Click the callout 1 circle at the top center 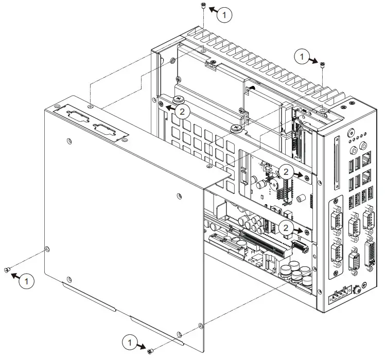[x=224, y=15]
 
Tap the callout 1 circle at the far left [x=28, y=281]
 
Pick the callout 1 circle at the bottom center [x=130, y=342]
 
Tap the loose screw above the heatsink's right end [x=322, y=64]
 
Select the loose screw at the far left [x=7, y=270]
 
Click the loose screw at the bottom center [x=150, y=350]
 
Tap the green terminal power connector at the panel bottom [x=340, y=297]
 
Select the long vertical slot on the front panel [x=338, y=163]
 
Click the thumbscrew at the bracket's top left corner [x=179, y=99]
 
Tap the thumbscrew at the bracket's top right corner [x=236, y=128]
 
